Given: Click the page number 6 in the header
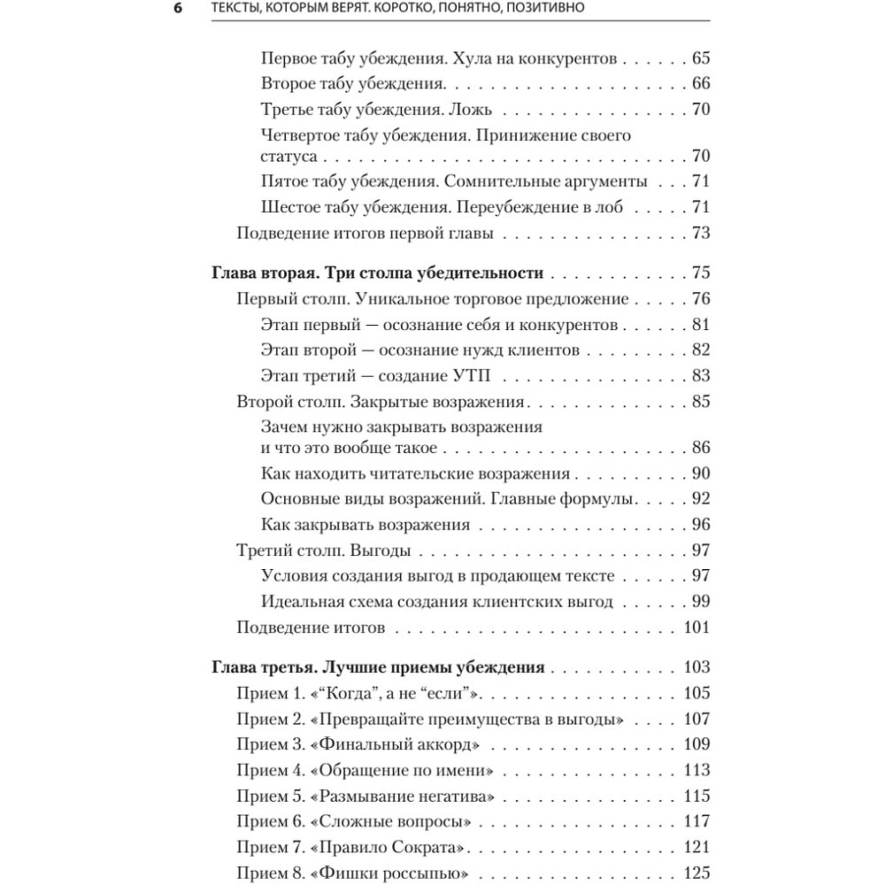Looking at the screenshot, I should point(178,9).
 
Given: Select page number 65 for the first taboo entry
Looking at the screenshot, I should point(700,59).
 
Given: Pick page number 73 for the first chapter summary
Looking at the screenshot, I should point(700,234).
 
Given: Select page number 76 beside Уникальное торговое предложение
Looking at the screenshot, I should point(700,299).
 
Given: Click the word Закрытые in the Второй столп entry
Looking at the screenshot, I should point(388,402).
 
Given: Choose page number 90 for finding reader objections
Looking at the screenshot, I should point(700,473).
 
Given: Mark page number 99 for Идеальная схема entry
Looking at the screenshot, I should point(700,602).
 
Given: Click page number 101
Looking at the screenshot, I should point(696,628).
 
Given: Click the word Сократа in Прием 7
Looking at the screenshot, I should point(431,847).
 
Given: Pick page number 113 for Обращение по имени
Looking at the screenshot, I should point(696,770).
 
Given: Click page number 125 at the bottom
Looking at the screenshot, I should point(696,873).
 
